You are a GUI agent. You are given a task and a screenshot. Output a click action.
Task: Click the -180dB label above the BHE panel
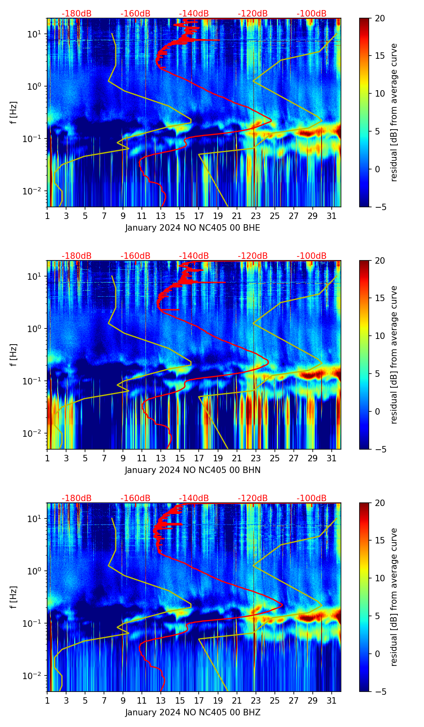coord(77,14)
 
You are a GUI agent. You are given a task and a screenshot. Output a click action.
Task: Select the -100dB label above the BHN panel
coord(312,256)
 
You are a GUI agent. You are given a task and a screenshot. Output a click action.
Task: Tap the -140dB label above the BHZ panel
coord(194,498)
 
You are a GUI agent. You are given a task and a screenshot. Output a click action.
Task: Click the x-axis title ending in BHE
coord(193,228)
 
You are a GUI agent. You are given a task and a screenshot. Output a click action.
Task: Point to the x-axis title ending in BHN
coord(193,470)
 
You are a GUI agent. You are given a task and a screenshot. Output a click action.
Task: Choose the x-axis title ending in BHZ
coord(193,713)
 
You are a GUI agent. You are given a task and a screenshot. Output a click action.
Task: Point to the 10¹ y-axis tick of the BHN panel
coord(35,277)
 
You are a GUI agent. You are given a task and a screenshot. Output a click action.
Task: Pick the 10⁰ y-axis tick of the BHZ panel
coord(35,571)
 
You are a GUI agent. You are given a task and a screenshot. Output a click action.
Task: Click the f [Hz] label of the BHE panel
coord(14,113)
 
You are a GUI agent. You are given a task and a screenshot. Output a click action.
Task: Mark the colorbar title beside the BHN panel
coord(394,355)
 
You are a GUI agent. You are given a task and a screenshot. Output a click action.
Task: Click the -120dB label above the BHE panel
coord(253,14)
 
